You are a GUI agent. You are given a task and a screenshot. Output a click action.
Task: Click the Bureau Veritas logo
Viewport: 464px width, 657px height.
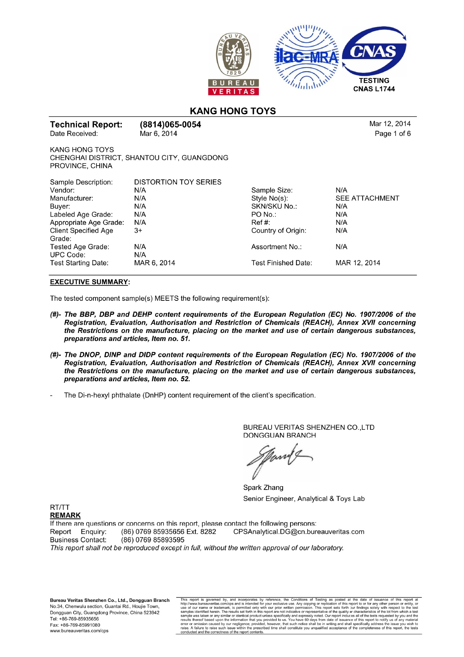tap(233, 64)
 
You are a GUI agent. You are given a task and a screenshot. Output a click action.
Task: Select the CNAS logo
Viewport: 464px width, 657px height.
tap(374, 51)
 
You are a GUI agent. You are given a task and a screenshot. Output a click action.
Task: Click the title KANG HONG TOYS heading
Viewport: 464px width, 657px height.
tap(233, 111)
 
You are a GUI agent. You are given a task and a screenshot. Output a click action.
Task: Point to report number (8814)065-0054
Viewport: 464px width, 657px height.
tap(170, 125)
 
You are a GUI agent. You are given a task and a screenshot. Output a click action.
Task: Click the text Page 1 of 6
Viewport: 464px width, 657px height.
tap(392, 133)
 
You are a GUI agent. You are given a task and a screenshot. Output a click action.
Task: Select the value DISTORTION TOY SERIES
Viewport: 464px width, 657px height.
tap(178, 182)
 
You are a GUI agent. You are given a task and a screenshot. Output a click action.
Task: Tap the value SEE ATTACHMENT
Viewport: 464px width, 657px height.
tap(367, 198)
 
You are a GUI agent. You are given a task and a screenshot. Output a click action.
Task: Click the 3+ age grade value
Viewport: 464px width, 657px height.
tap(138, 231)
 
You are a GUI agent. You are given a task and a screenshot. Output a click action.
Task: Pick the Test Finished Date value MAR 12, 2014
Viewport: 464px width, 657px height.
tap(358, 263)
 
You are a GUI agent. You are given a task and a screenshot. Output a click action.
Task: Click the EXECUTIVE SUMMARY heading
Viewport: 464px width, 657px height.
tap(89, 282)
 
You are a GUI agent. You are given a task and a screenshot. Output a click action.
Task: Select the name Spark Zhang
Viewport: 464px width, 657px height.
tap(263, 488)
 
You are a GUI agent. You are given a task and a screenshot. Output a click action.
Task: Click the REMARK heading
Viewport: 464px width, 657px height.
tap(65, 515)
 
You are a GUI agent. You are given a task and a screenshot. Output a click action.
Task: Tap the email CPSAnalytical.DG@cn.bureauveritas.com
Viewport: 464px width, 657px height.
tap(299, 532)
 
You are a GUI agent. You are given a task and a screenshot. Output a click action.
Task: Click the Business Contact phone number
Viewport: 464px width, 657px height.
tap(153, 540)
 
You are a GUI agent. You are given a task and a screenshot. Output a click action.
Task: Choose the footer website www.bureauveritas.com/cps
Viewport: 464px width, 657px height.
tap(79, 631)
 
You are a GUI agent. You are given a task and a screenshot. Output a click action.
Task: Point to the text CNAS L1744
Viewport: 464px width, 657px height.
tap(374, 89)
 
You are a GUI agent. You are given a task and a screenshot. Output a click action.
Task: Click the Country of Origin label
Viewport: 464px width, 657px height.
tap(279, 231)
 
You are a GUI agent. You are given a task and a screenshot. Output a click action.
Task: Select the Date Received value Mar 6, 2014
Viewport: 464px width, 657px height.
tap(158, 133)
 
